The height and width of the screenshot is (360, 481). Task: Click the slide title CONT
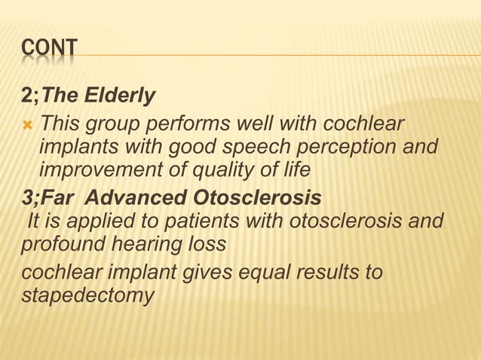[49, 50]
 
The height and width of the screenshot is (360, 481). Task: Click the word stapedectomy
[87, 296]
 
